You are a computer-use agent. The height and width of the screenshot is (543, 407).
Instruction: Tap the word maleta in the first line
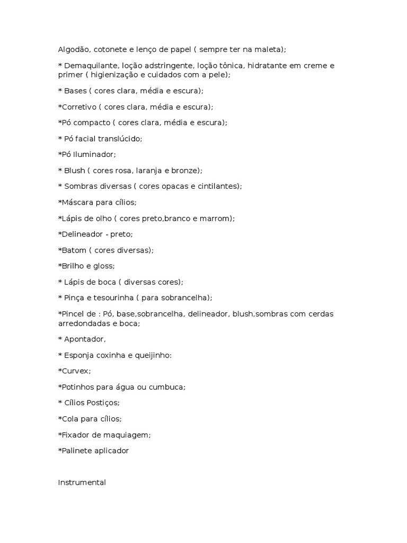270,49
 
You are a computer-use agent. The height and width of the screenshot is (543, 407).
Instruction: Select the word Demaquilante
91,66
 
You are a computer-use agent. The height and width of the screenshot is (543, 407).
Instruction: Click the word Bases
76,91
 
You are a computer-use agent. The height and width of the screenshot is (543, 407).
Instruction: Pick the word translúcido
119,138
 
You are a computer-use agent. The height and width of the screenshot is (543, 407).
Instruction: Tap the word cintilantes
216,186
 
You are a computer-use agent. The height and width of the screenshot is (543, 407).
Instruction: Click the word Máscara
77,202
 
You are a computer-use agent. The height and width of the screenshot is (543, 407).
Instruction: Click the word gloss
103,266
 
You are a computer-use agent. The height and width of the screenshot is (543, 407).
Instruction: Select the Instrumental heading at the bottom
82,483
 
